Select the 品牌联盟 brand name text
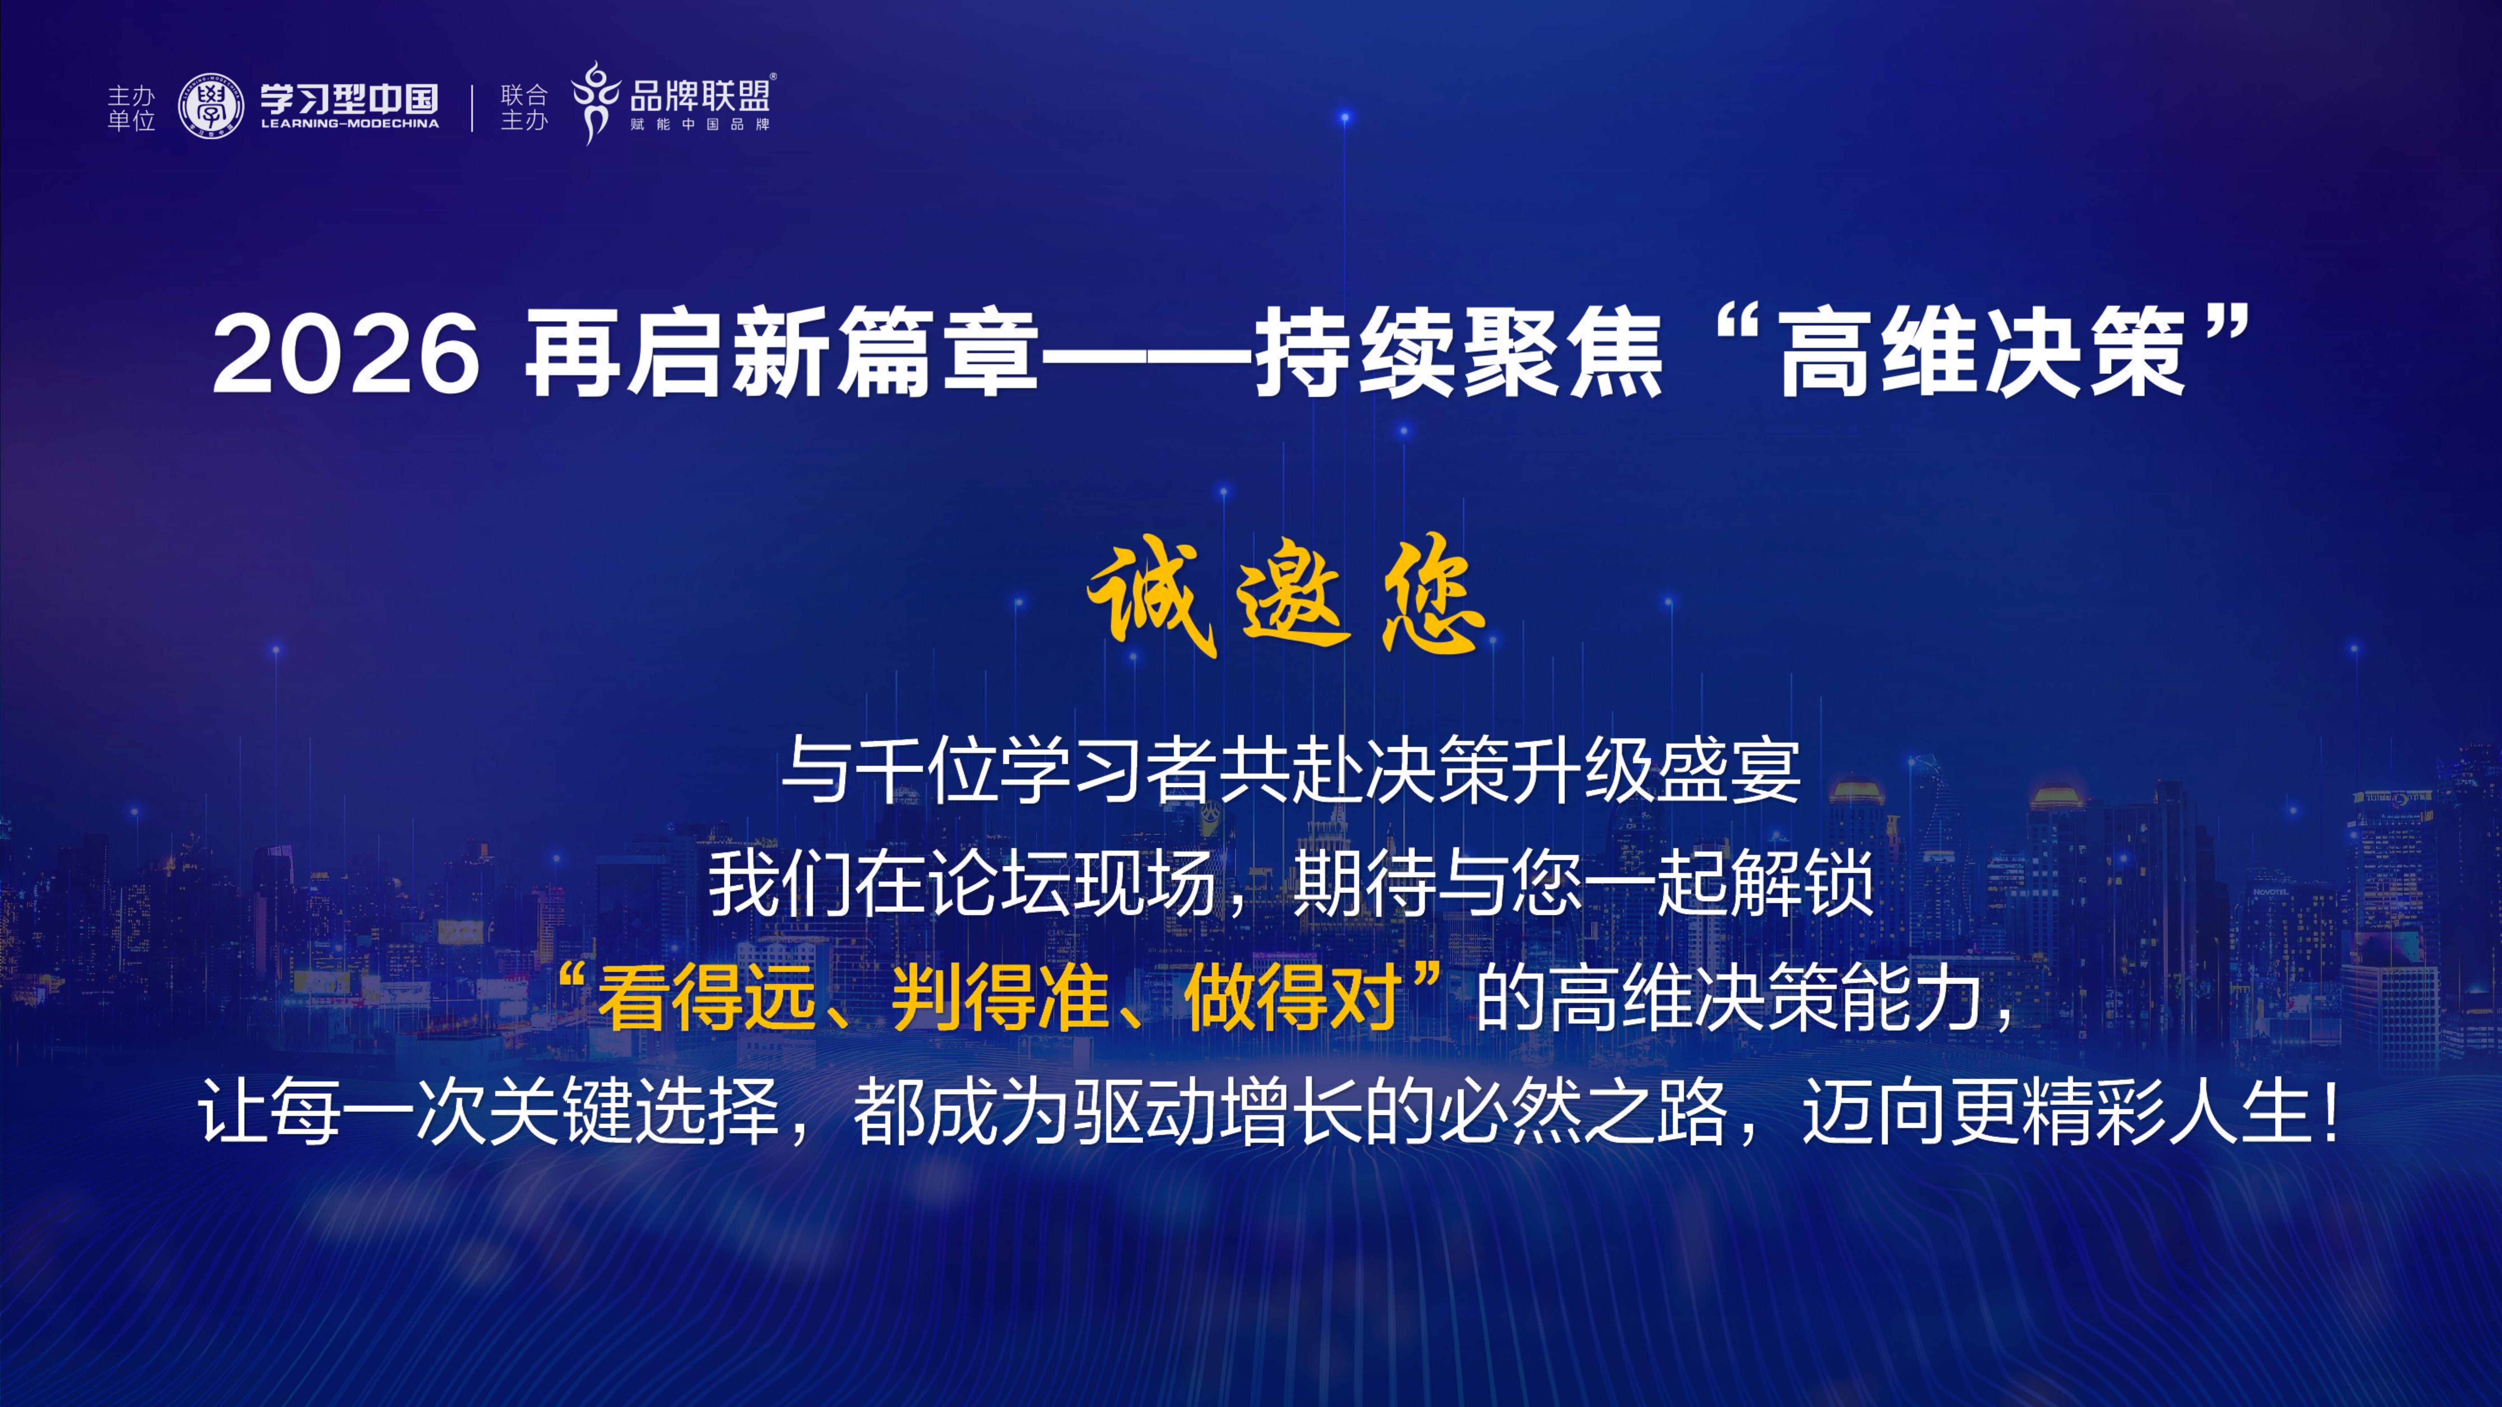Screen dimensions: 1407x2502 (699, 95)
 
